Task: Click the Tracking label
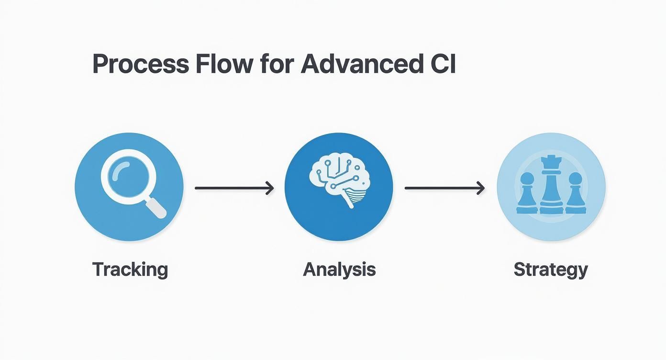[130, 270]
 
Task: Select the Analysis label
[339, 270]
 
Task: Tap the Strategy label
[551, 270]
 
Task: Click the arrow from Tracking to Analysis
[234, 188]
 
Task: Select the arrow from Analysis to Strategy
[444, 188]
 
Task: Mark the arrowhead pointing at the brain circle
[270, 188]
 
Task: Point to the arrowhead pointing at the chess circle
[480, 188]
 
